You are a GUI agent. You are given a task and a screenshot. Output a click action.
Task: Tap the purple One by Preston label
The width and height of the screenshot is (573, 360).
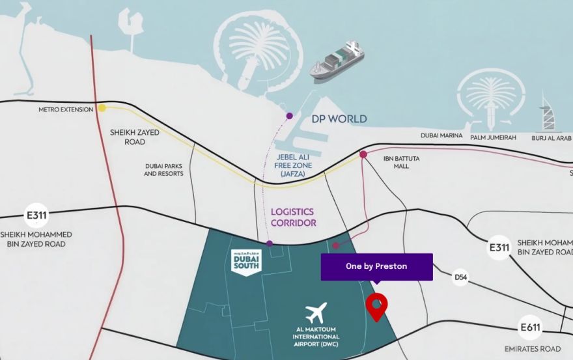[376, 266]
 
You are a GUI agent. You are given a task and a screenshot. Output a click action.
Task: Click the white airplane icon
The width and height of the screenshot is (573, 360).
[316, 313]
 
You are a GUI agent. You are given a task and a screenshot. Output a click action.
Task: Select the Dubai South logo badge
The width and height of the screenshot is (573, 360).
[246, 262]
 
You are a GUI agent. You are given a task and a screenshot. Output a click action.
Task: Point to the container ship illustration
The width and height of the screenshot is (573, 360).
[337, 62]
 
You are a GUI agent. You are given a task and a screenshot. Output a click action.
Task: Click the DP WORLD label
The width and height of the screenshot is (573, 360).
[339, 119]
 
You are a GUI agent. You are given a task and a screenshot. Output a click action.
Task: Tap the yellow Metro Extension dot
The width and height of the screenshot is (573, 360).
[102, 108]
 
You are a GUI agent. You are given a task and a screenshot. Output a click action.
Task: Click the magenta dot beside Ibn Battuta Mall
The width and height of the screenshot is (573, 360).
[363, 154]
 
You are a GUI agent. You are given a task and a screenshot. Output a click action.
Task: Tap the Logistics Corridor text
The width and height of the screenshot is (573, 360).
[292, 217]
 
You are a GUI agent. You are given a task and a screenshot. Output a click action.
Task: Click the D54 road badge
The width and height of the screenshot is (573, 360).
[461, 277]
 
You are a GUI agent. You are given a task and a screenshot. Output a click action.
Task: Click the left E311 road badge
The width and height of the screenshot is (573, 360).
[36, 215]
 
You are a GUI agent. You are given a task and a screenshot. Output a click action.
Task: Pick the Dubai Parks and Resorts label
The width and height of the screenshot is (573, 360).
[163, 170]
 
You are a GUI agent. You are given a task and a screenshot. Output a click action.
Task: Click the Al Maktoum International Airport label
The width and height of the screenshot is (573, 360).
[316, 340]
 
